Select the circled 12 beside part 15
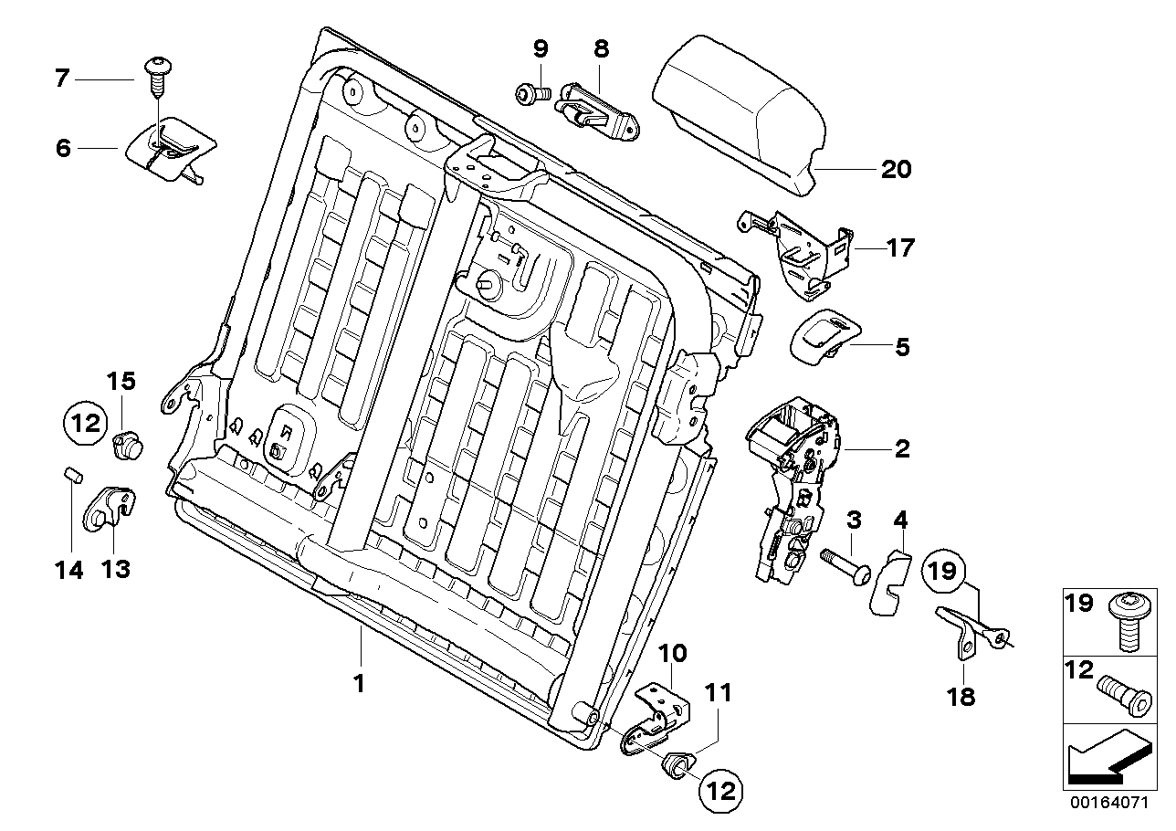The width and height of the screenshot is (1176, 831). click(x=83, y=423)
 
